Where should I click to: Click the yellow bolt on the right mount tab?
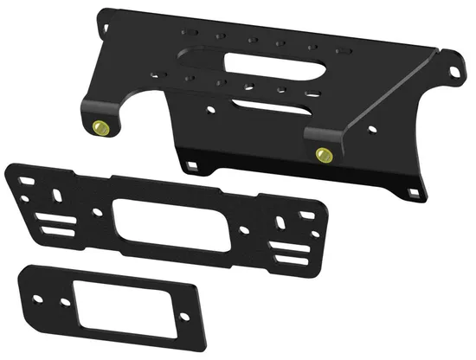[x=325, y=156]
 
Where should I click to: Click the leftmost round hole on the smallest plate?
[x=34, y=279]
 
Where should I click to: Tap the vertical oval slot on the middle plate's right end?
[x=281, y=224]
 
